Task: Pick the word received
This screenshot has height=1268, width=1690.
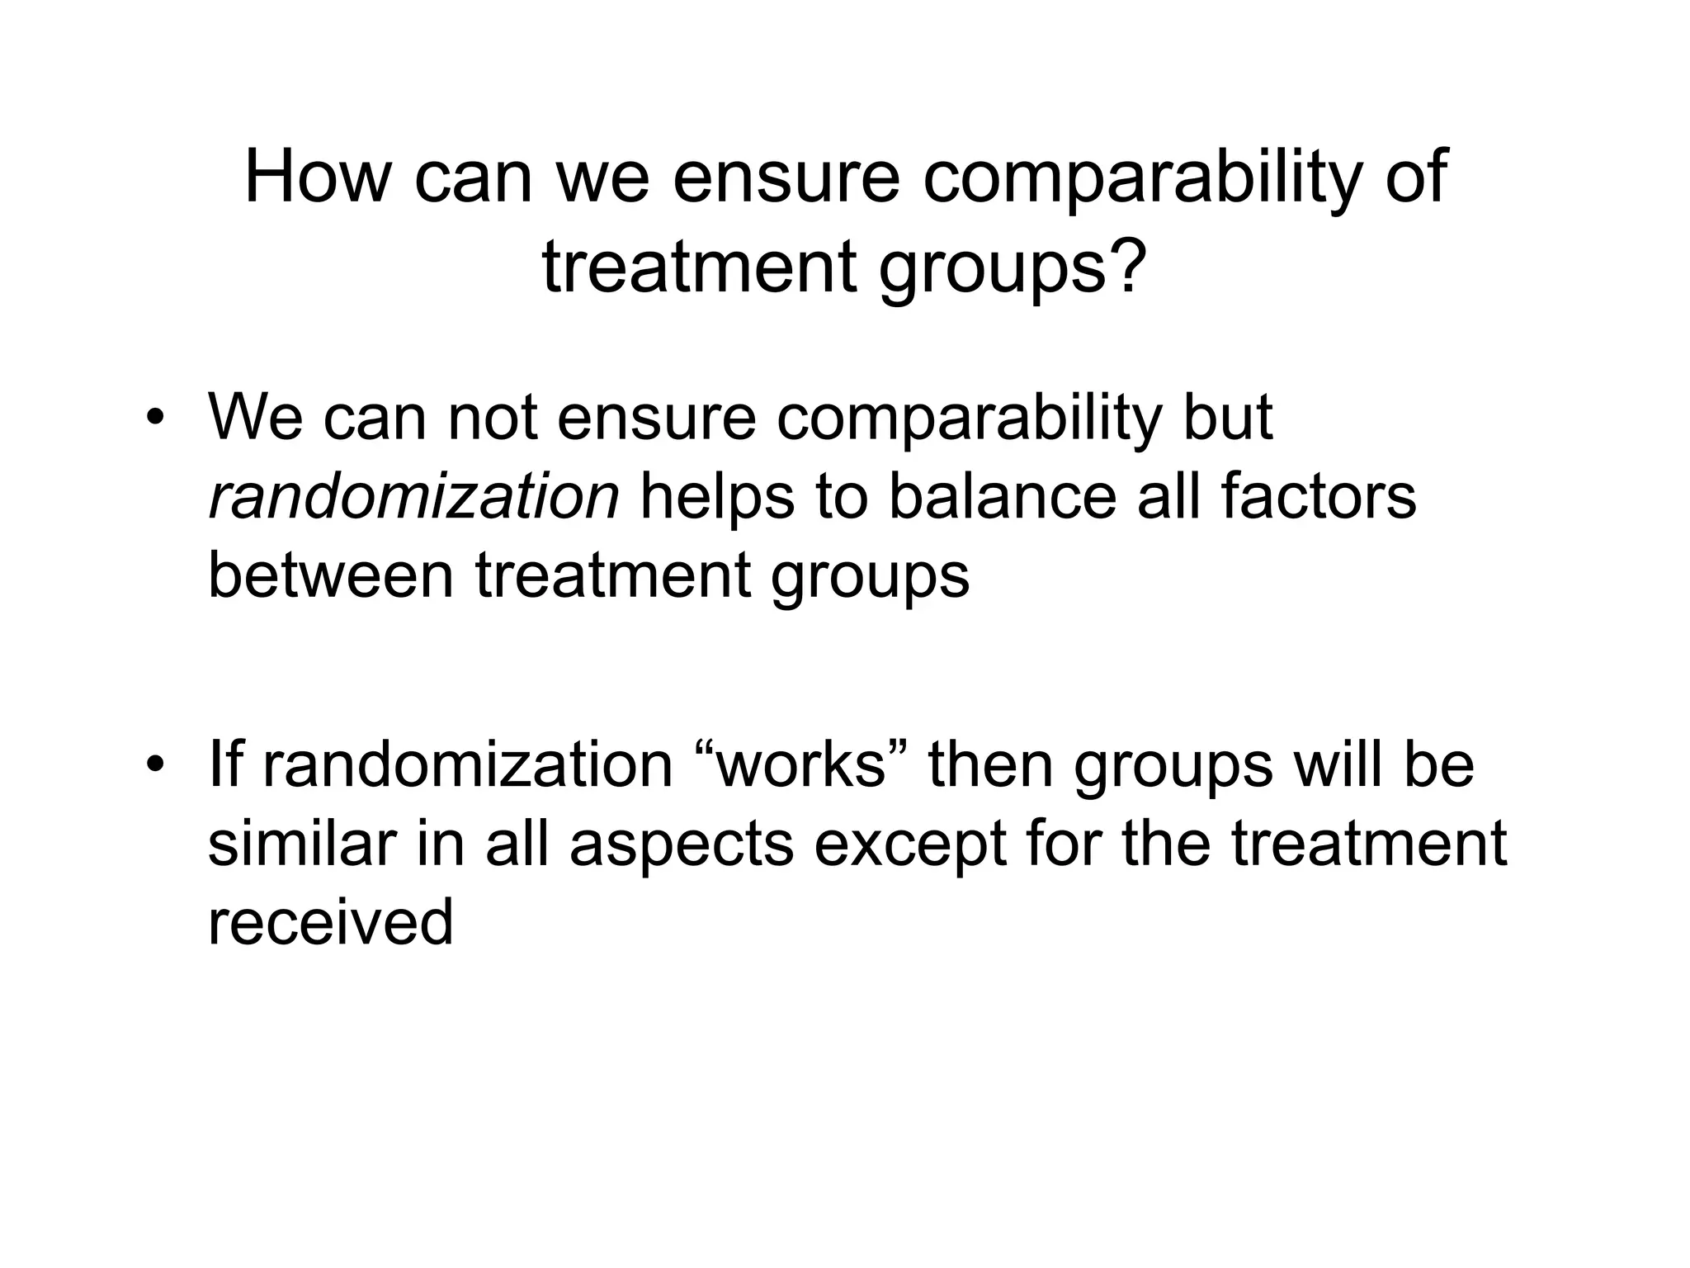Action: point(330,921)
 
